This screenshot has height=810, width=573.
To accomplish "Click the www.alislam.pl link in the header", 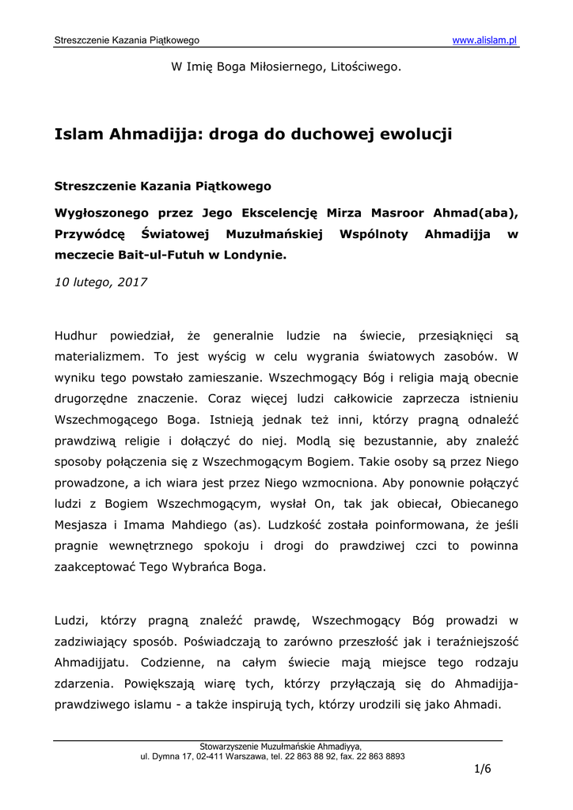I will pyautogui.click(x=484, y=40).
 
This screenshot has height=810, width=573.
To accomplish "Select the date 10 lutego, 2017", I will pyautogui.click(x=101, y=282).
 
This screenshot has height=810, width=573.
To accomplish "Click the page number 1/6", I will pyautogui.click(x=483, y=770).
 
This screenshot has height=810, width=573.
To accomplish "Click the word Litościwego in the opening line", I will pyautogui.click(x=362, y=67).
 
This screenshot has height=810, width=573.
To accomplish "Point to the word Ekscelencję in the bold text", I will pyautogui.click(x=279, y=214).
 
